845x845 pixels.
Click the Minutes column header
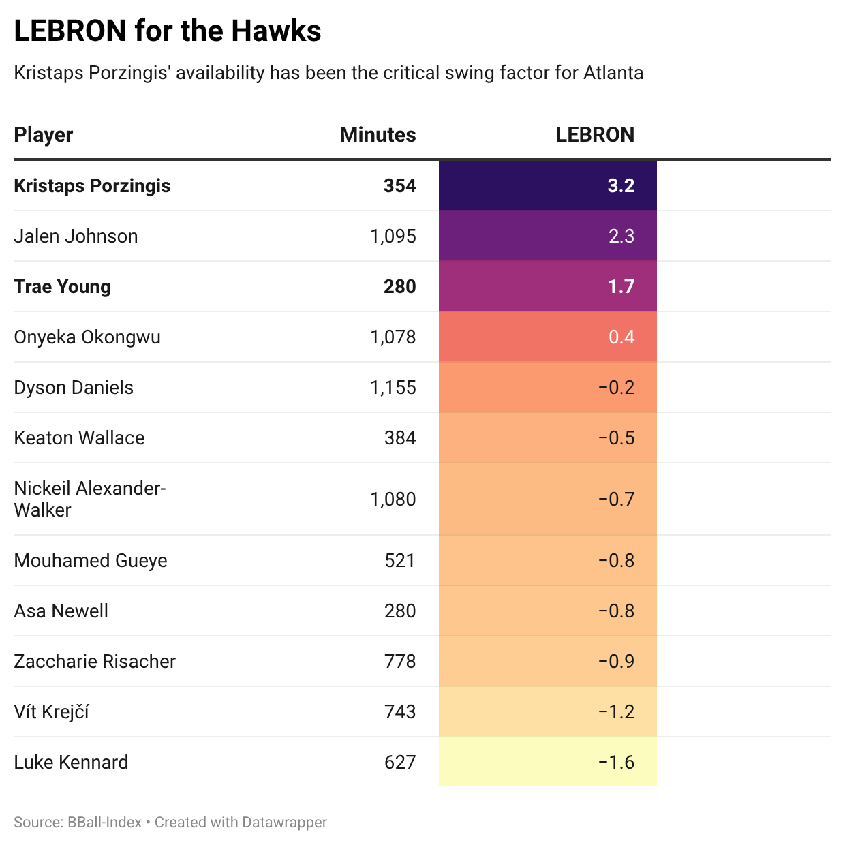tap(378, 135)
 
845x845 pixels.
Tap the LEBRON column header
tap(594, 135)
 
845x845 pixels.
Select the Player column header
tap(44, 135)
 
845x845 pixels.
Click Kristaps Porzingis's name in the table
tap(92, 186)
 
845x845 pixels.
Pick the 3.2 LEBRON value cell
tap(620, 186)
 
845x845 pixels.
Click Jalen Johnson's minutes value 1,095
tap(393, 236)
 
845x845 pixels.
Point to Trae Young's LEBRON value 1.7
tap(620, 287)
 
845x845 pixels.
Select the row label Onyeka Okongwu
tap(87, 337)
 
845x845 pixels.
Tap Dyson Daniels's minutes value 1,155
tap(393, 388)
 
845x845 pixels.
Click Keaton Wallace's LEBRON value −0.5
tap(616, 438)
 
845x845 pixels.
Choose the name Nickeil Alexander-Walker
tap(89, 499)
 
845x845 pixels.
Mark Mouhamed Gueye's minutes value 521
tap(400, 561)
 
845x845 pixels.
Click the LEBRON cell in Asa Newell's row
tap(616, 611)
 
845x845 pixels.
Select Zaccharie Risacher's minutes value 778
tap(400, 662)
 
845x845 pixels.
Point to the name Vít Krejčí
tap(52, 712)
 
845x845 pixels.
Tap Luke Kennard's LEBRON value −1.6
tap(616, 763)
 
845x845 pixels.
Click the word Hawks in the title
tap(276, 31)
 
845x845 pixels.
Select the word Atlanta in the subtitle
tap(613, 73)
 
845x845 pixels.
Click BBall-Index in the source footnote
tap(104, 823)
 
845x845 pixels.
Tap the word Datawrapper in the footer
tap(284, 823)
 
